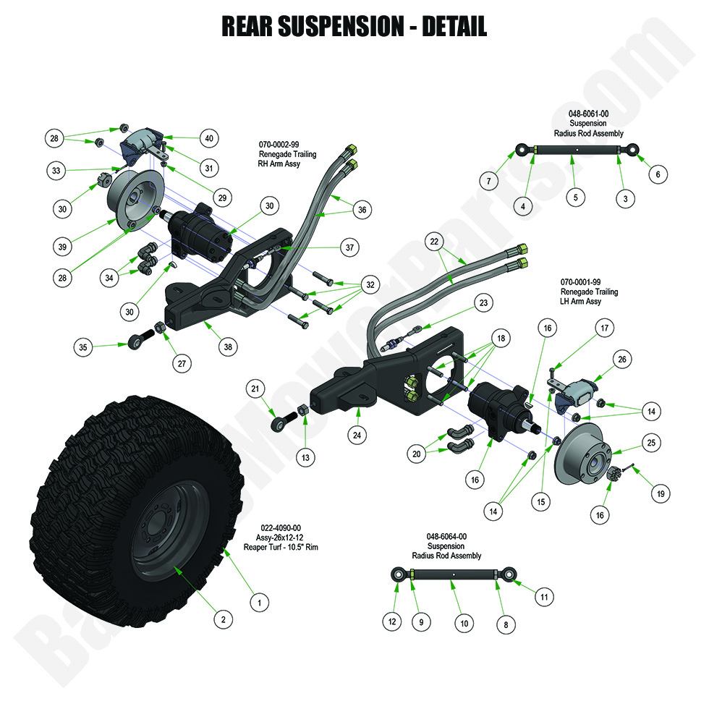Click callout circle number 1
(x=258, y=600)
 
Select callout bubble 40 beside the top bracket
(x=208, y=137)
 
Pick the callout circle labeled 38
(x=229, y=347)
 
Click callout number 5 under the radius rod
(x=575, y=196)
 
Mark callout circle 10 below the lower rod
(x=463, y=623)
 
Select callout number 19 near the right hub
(x=659, y=494)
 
